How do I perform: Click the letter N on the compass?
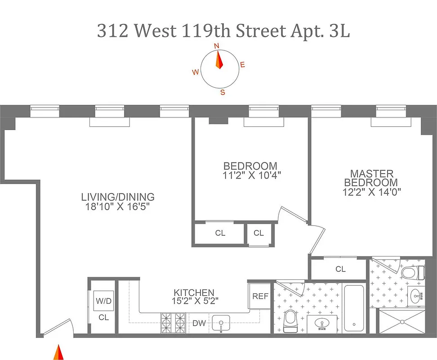pyautogui.click(x=216, y=46)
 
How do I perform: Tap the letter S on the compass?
pyautogui.click(x=222, y=93)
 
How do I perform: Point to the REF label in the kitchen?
pyautogui.click(x=260, y=296)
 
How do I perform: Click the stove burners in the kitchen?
pyautogui.click(x=174, y=323)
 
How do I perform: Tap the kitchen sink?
pyautogui.click(x=221, y=323)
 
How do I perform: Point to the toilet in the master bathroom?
pyautogui.click(x=413, y=273)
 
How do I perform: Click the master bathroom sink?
pyautogui.click(x=416, y=296)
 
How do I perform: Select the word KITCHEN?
pyautogui.click(x=194, y=292)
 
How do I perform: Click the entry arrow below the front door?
pyautogui.click(x=58, y=352)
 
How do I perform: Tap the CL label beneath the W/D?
pyautogui.click(x=104, y=317)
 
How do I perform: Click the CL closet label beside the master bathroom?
pyautogui.click(x=340, y=269)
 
